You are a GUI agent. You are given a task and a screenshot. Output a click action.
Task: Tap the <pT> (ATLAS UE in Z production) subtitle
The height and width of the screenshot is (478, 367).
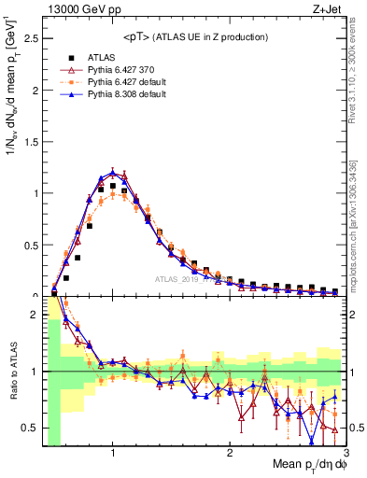pyautogui.click(x=193, y=36)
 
